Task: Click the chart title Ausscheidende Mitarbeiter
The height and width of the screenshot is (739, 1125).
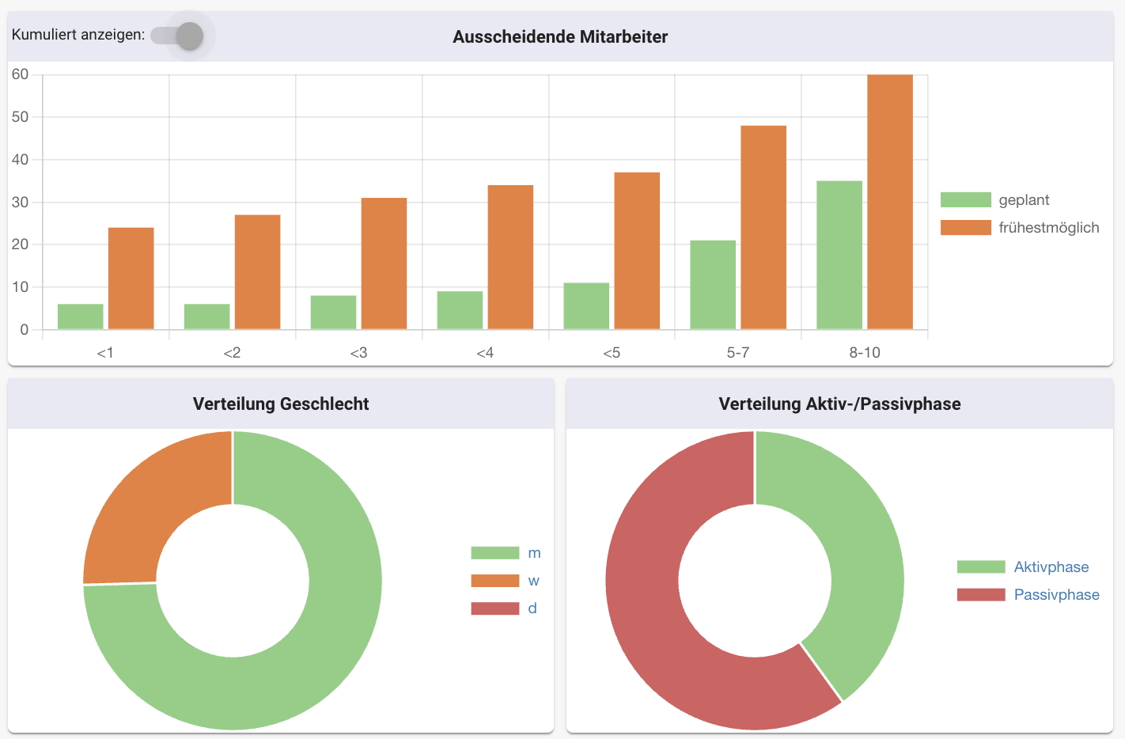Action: click(560, 37)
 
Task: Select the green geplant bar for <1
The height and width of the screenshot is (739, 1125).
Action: click(80, 316)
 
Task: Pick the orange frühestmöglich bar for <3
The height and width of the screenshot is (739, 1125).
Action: click(384, 263)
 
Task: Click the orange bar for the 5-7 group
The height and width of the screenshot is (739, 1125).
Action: click(763, 227)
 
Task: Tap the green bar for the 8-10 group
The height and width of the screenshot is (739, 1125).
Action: click(839, 255)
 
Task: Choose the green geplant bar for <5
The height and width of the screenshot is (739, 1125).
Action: click(586, 305)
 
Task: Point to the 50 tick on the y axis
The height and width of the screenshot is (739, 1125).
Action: click(21, 117)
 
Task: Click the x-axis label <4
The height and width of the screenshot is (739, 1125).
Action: click(485, 353)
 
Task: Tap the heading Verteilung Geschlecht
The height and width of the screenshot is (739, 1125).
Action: click(281, 404)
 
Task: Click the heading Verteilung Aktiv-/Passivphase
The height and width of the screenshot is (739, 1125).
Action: click(839, 404)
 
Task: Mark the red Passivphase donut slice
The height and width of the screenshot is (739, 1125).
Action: click(657, 617)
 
